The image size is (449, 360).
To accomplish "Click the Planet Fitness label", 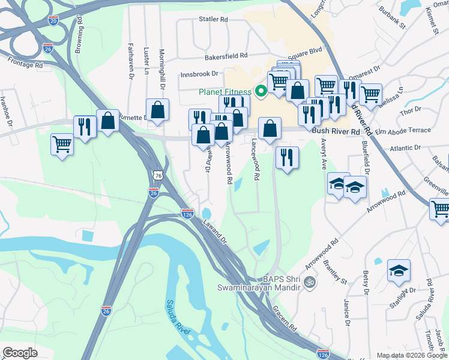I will coord(225,92).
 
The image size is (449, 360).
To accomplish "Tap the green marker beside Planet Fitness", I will coord(261,92).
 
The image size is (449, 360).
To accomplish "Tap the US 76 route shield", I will coord(158,175).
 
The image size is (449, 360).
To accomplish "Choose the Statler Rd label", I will coord(214,19).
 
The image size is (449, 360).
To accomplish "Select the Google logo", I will coord(20,353).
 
